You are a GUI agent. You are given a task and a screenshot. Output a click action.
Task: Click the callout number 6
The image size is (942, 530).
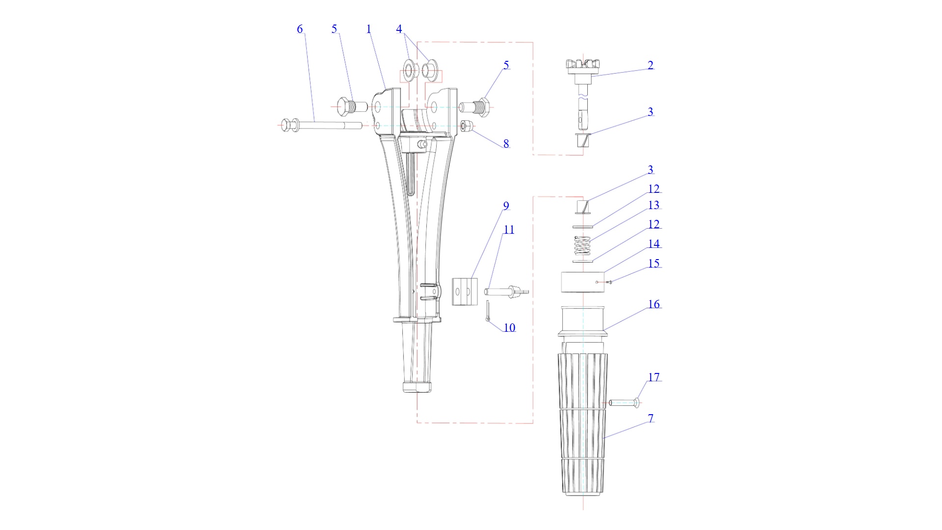coord(300,29)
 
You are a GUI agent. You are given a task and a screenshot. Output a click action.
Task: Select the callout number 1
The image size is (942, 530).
coord(369,29)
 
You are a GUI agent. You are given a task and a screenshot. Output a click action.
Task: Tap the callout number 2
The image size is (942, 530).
coord(651,65)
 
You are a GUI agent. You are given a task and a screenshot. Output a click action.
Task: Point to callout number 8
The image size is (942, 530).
coord(506,144)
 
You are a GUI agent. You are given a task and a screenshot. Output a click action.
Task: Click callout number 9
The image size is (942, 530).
coord(506,206)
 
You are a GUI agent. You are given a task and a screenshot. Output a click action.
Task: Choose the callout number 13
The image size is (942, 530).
coord(654,205)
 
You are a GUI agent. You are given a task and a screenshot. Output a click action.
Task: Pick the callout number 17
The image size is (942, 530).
coord(654,377)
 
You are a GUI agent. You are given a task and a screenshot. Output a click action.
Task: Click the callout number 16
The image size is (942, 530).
coord(654,304)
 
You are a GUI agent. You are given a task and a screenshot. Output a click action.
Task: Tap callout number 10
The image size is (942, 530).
coord(509,328)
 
